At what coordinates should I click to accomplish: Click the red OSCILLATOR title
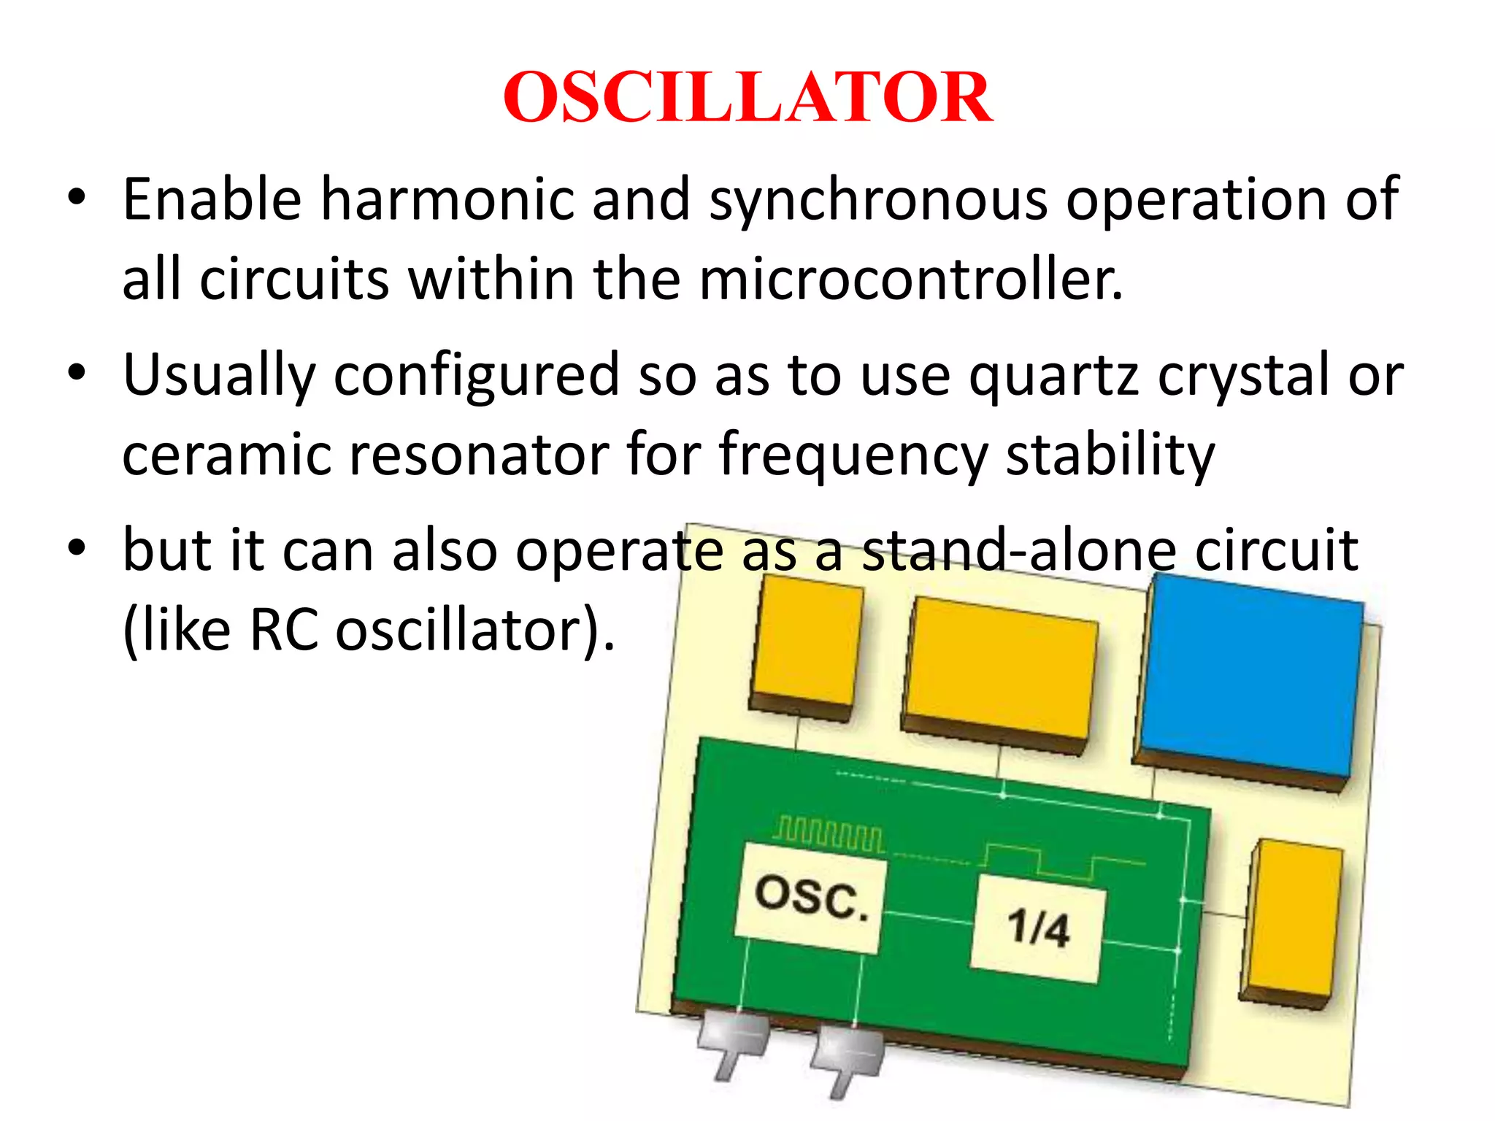point(747,97)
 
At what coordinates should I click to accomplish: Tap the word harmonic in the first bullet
point(447,199)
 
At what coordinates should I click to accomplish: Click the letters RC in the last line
point(283,630)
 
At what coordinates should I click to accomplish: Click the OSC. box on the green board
point(810,898)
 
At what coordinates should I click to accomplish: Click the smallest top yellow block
point(806,642)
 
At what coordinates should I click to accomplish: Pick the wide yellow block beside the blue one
point(1000,668)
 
